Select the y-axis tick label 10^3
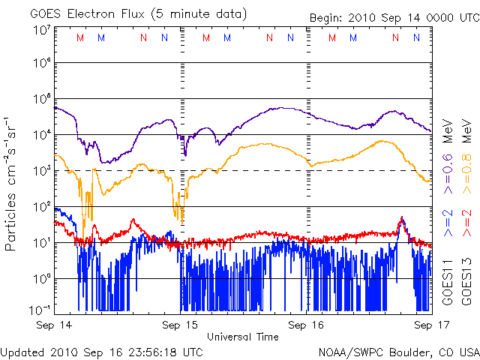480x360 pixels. (x=41, y=171)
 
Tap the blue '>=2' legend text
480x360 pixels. (x=448, y=226)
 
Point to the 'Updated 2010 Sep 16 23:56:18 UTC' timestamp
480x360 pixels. (x=102, y=351)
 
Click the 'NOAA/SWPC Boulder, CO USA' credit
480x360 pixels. (x=398, y=351)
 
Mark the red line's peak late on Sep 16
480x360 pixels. (x=402, y=218)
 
